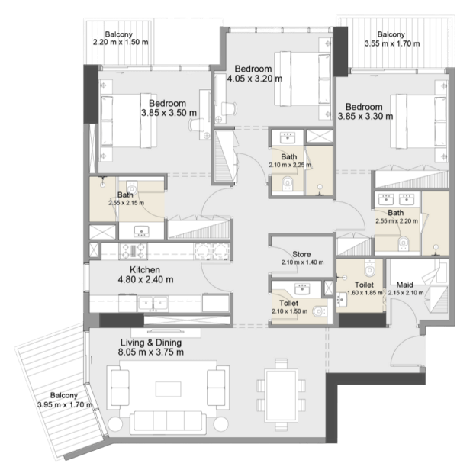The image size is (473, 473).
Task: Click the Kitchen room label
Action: [145, 269]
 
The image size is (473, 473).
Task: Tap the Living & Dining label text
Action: [151, 343]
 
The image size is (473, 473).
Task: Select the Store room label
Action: [301, 254]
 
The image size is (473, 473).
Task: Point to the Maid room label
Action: [404, 285]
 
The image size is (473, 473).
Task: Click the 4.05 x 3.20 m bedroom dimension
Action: [255, 79]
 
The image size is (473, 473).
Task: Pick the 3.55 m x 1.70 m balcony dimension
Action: [392, 43]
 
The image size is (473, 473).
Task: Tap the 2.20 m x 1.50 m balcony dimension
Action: [121, 42]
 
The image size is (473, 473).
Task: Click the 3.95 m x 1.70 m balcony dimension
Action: [65, 405]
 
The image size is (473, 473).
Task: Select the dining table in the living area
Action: [282, 395]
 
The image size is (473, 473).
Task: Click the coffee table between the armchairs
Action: [169, 389]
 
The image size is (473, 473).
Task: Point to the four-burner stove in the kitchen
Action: [133, 251]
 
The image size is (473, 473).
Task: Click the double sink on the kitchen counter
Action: [153, 304]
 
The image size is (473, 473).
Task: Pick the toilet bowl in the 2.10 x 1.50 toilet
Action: [319, 311]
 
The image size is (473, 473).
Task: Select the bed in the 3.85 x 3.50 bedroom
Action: [129, 121]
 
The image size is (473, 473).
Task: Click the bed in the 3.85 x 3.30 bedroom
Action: [418, 121]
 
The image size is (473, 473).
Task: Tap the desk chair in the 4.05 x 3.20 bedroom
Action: [228, 108]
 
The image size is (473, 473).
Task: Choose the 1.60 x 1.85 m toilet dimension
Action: [365, 293]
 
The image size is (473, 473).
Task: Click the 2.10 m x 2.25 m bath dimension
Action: [290, 165]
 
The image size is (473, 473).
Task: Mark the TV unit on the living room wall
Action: [166, 332]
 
